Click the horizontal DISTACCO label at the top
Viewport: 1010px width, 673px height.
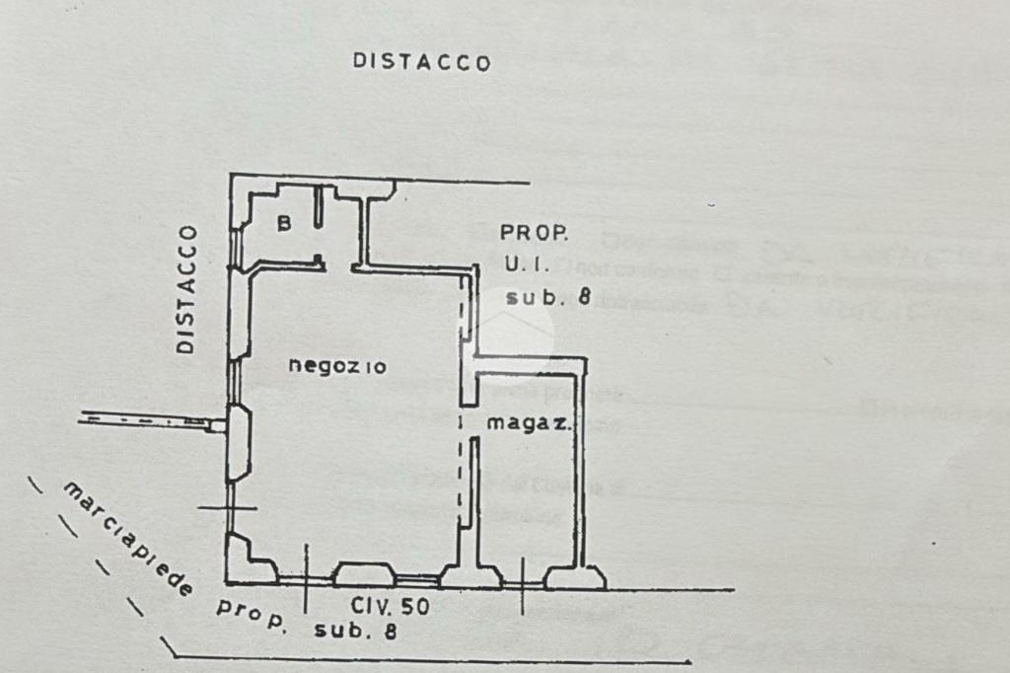tap(422, 62)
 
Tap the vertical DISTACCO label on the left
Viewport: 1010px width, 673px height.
tap(186, 289)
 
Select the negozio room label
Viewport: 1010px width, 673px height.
tap(337, 366)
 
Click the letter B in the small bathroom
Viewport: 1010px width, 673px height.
tap(283, 224)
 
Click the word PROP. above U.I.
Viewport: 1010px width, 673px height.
tap(534, 234)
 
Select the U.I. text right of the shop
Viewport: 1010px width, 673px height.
tap(524, 264)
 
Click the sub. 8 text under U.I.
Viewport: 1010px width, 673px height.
tap(547, 297)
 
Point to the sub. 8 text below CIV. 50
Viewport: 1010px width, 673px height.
tap(356, 632)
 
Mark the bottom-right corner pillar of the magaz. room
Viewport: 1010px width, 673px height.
tap(576, 577)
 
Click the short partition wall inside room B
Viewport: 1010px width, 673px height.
tap(320, 209)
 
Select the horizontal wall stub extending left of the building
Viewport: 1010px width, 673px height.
tap(148, 421)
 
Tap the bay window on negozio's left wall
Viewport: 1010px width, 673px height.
tap(237, 441)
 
